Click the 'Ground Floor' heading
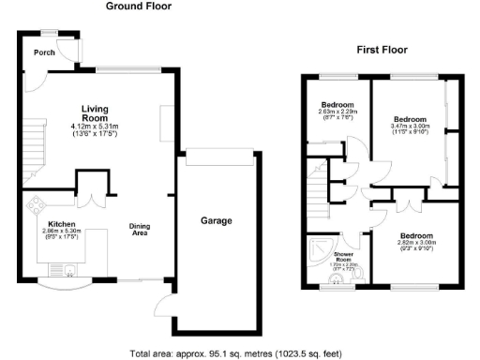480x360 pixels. [x=138, y=7]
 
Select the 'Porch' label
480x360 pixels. [x=43, y=53]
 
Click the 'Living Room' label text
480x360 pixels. [x=96, y=113]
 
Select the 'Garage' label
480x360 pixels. [x=216, y=221]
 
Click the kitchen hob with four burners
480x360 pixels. [x=37, y=204]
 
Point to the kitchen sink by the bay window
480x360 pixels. [x=68, y=275]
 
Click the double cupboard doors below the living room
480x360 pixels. [x=93, y=197]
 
